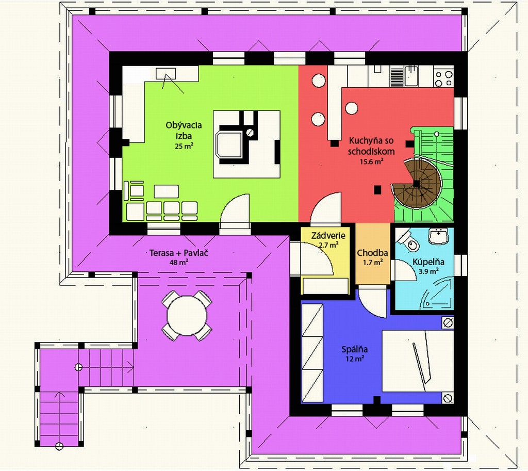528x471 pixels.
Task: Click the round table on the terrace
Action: [x=187, y=316]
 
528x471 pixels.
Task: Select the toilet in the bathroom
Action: [x=408, y=241]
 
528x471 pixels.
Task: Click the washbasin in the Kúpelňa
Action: [x=438, y=236]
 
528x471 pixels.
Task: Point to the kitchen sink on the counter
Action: [x=411, y=76]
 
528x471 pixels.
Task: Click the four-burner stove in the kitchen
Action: [x=443, y=78]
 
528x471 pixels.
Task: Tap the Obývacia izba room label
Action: [x=184, y=131]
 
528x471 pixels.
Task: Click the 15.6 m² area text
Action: [x=372, y=161]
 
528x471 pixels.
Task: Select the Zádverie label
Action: [x=328, y=235]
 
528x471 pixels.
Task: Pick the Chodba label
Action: [x=372, y=253]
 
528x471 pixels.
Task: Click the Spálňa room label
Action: [x=355, y=349]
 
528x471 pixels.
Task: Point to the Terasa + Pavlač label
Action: [x=179, y=252]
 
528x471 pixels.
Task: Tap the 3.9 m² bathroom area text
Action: [x=428, y=271]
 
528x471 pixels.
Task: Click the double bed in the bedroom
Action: [x=417, y=361]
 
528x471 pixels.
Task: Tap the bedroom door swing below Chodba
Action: [x=372, y=302]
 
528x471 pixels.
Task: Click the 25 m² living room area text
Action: [x=184, y=146]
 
